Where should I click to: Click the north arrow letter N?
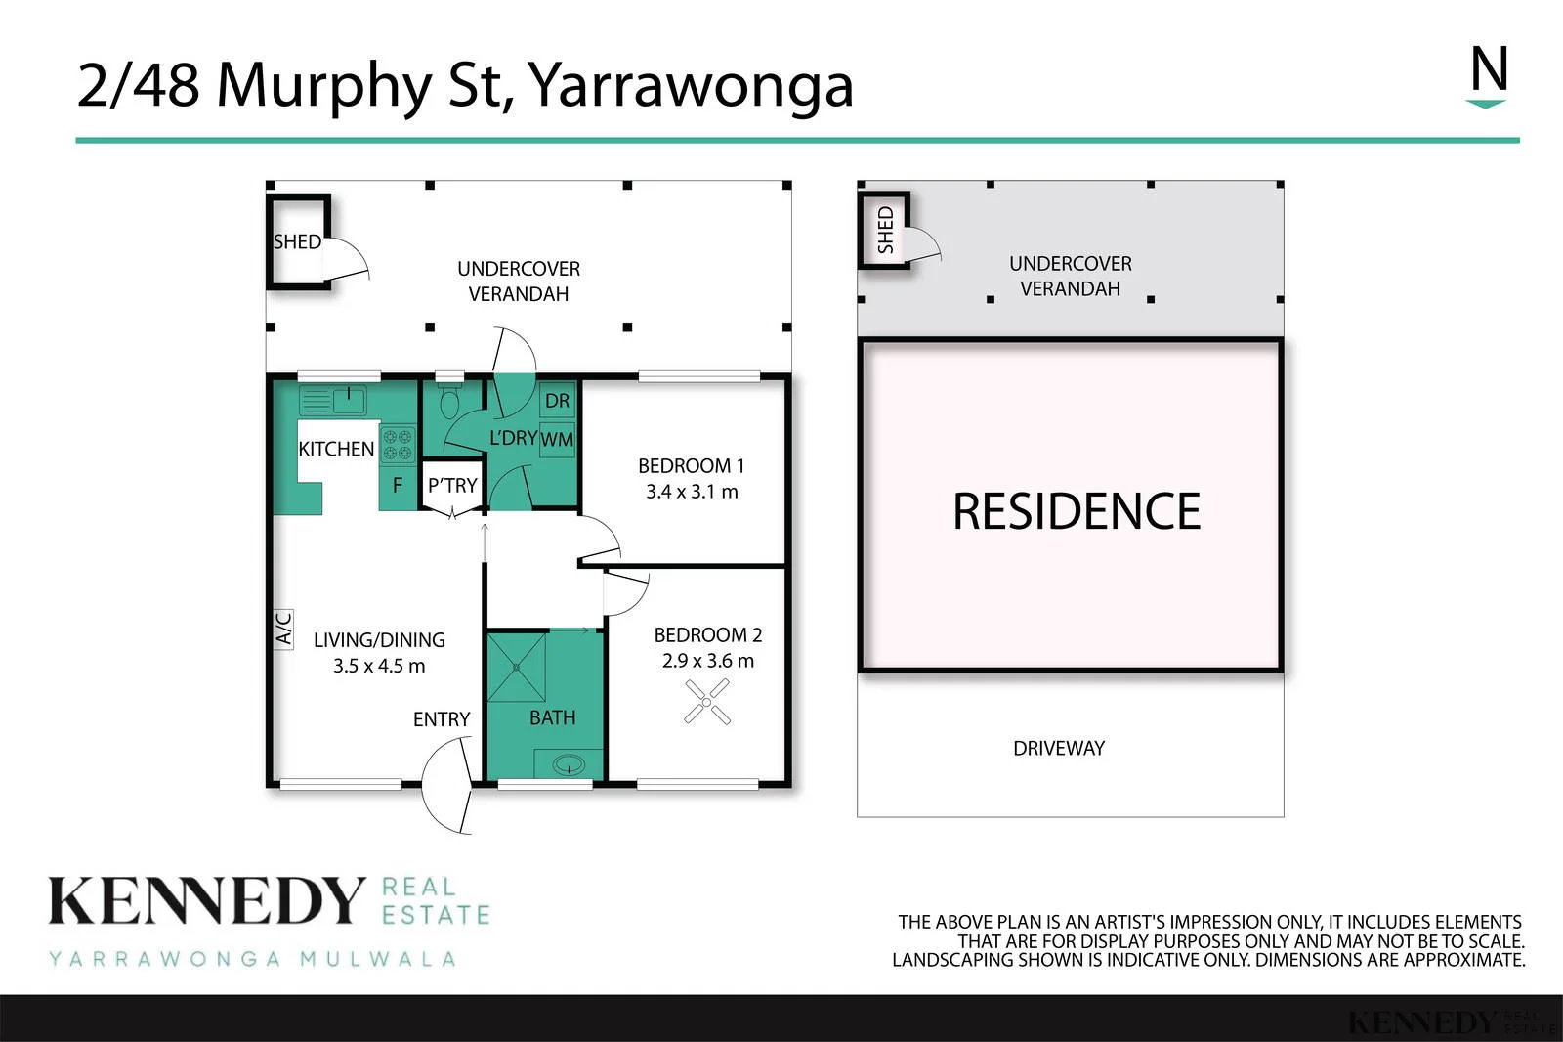point(1490,68)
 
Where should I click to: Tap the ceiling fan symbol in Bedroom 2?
point(707,702)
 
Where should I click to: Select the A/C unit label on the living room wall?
point(283,628)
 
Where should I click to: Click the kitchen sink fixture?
point(333,401)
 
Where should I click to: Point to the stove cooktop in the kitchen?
point(398,445)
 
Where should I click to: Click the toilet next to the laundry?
point(449,400)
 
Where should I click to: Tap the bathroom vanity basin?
point(569,764)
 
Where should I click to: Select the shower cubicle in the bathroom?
point(517,667)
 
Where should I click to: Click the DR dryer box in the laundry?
point(557,400)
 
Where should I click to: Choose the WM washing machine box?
point(557,439)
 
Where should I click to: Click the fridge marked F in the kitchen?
point(398,485)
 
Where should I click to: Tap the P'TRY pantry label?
point(452,486)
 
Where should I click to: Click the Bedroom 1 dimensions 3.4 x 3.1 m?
point(692,492)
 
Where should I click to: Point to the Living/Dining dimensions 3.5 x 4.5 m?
point(379,666)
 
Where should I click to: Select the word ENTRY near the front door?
point(442,719)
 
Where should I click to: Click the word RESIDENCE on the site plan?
point(1077,511)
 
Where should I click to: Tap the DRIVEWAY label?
point(1059,748)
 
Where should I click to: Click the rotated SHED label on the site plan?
point(885,230)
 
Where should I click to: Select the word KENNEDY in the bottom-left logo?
point(206,901)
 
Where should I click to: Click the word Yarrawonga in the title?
point(690,87)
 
